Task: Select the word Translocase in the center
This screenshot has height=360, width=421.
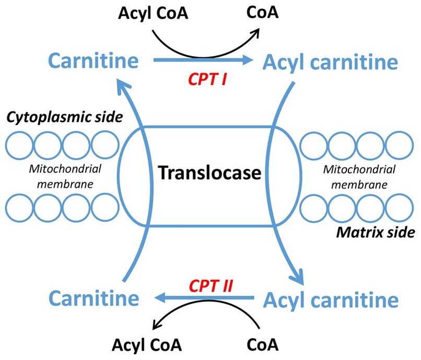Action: [x=210, y=172]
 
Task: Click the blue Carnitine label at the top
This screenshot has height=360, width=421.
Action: [x=94, y=62]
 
